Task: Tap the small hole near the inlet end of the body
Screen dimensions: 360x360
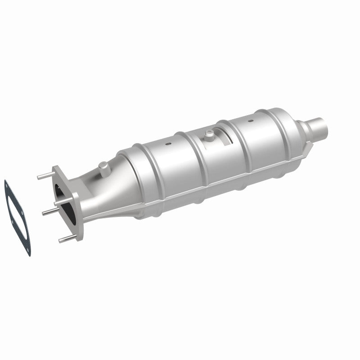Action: click(167, 144)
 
